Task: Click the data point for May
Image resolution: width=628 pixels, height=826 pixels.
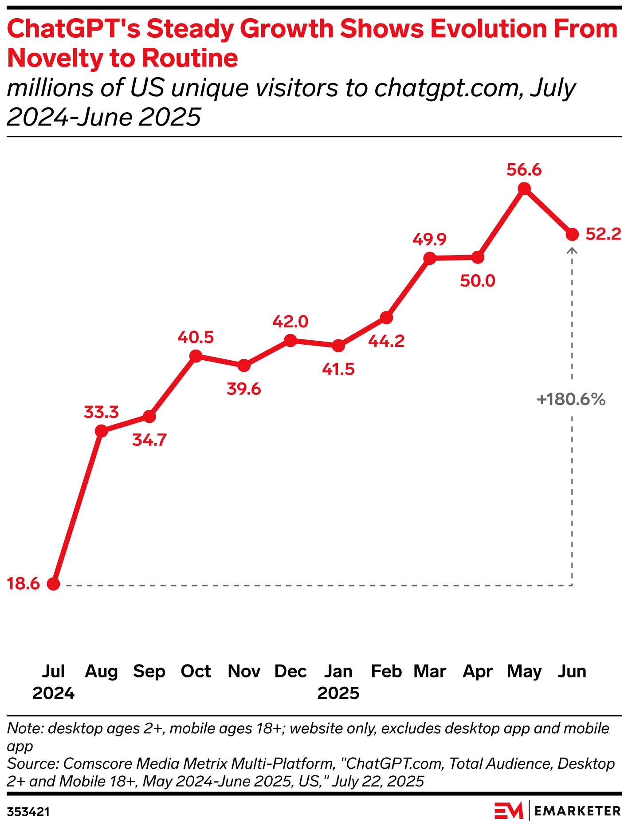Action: (524, 189)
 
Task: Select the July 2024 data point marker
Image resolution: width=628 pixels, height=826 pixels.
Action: (53, 584)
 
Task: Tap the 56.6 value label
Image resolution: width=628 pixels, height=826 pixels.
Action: (524, 170)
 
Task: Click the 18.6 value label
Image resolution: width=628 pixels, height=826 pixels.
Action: (24, 584)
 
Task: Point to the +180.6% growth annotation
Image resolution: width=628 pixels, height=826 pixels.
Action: (571, 400)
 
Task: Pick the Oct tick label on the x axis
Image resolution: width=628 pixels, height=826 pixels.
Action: (196, 672)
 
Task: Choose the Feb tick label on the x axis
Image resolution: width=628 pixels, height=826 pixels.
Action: (386, 672)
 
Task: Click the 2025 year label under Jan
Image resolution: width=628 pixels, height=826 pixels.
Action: (338, 693)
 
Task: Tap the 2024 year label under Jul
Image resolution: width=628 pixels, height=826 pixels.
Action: (53, 693)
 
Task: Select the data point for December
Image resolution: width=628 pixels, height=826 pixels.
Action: (290, 341)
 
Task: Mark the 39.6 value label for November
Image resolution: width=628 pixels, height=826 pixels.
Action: (243, 389)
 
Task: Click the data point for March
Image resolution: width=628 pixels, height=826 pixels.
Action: (429, 258)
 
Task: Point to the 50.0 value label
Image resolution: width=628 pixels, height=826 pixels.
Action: (478, 281)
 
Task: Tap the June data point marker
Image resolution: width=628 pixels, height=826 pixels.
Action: (572, 234)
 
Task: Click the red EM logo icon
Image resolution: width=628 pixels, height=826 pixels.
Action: (509, 811)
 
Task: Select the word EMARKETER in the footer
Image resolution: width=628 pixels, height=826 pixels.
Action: (577, 811)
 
